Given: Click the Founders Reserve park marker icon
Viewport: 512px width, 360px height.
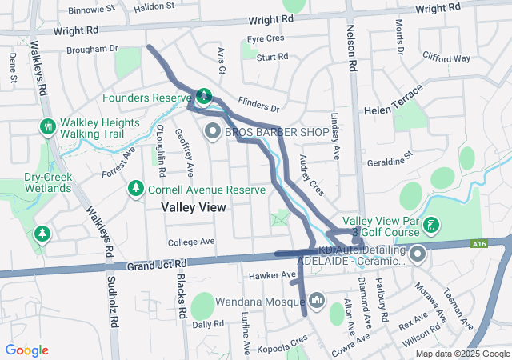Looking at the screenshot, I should [x=204, y=95].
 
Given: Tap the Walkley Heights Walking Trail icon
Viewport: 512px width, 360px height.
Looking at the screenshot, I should [x=47, y=126].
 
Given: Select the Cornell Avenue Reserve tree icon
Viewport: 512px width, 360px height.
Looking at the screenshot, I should [x=136, y=187].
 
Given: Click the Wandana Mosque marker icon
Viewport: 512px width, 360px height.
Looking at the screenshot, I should [x=317, y=300].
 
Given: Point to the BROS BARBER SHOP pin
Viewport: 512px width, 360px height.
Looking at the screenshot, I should [x=213, y=130].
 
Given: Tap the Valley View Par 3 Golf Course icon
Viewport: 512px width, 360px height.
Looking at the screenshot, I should [x=432, y=225].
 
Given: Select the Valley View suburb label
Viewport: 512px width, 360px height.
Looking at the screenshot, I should [x=194, y=207].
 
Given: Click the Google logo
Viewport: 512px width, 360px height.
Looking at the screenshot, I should [x=27, y=350].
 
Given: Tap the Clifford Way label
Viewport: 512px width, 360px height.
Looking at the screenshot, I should [x=446, y=58].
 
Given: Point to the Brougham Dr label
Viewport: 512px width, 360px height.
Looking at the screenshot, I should [x=98, y=50].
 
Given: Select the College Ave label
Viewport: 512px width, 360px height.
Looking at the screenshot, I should [x=192, y=242].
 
